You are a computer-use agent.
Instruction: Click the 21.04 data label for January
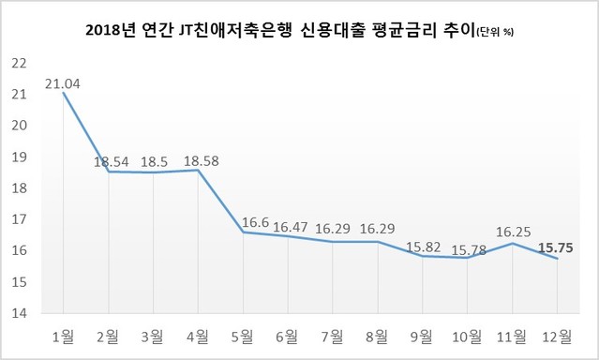pyautogui.click(x=61, y=82)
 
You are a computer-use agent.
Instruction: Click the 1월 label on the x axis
pyautogui.click(x=63, y=334)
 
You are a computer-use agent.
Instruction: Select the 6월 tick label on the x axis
pyautogui.click(x=288, y=334)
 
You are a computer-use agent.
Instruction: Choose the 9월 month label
pyautogui.click(x=423, y=334)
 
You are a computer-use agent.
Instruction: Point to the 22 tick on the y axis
pyautogui.click(x=18, y=63)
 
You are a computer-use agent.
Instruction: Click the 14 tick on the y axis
pyautogui.click(x=18, y=313)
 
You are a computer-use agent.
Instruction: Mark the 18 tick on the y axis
pyautogui.click(x=18, y=187)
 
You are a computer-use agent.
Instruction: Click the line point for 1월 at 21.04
pyautogui.click(x=63, y=92)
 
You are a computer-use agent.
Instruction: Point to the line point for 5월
pyautogui.click(x=243, y=232)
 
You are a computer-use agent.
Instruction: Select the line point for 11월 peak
pyautogui.click(x=513, y=243)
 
